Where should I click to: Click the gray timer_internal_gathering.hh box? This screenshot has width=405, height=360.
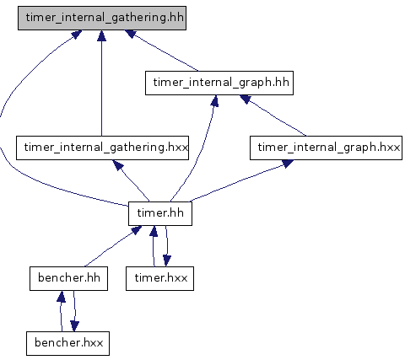(102, 18)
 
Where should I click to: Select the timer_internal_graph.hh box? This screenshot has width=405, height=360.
(219, 83)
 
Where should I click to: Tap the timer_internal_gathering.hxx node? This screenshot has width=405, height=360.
(102, 148)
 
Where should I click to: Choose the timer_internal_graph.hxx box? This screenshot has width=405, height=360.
(326, 148)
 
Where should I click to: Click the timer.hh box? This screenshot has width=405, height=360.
(160, 213)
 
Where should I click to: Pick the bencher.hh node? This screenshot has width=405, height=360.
(68, 278)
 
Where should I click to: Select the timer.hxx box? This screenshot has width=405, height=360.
(159, 278)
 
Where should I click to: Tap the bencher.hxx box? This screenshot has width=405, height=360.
(67, 343)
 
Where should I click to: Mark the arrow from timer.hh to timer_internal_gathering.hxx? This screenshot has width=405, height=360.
(131, 180)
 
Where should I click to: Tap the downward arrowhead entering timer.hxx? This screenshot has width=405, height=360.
(167, 261)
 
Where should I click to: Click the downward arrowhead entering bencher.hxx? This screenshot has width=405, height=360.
(74, 326)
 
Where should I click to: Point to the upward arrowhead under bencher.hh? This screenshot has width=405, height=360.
(61, 297)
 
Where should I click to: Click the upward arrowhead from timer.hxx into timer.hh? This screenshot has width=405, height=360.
(154, 231)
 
